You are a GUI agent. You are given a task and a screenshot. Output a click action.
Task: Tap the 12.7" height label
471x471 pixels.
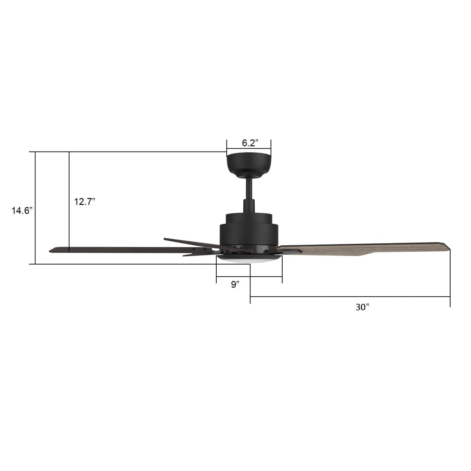click(85, 202)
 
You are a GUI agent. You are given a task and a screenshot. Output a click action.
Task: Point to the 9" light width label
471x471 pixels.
click(235, 285)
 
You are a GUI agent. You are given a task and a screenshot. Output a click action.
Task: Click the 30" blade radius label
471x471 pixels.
click(363, 307)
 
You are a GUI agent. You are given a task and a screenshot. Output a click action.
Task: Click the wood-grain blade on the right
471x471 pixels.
click(353, 249)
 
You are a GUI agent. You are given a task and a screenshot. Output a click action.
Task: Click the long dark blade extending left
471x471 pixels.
click(118, 249)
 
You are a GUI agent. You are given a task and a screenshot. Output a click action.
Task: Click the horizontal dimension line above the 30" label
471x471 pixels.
click(349, 296)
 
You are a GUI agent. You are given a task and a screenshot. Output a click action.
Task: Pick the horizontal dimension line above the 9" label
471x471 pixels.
click(249, 276)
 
